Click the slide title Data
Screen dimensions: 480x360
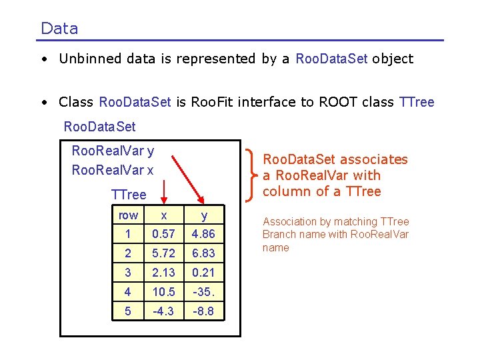(59, 29)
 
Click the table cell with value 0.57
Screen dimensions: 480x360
(163, 234)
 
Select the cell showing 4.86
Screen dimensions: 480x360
(203, 234)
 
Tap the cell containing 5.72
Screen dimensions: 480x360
(163, 253)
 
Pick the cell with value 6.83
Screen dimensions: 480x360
(203, 253)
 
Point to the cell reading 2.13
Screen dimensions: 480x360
(163, 273)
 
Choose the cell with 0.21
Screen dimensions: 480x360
(203, 273)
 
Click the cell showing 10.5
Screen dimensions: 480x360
(163, 292)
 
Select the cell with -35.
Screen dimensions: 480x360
(203, 292)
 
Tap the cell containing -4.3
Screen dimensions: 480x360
(163, 311)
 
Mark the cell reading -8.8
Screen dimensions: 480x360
(203, 311)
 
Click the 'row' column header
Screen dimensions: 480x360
(128, 215)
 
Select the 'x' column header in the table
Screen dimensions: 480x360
(163, 215)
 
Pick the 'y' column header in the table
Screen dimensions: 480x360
(203, 215)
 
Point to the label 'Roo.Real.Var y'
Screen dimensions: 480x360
(113, 151)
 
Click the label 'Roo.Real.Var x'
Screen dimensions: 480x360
(113, 170)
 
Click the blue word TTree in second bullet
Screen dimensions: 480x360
(416, 102)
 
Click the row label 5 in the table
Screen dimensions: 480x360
(128, 311)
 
